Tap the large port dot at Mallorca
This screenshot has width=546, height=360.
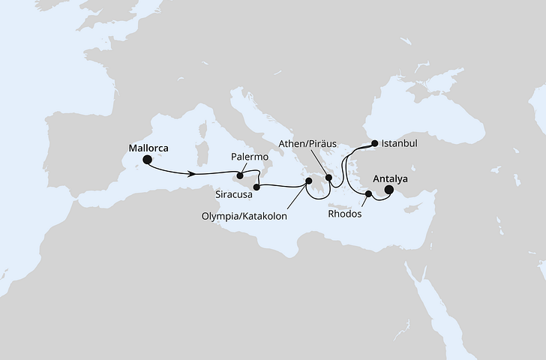click(x=148, y=160)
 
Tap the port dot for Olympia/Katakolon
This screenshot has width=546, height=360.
click(x=308, y=181)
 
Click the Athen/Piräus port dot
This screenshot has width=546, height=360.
click(x=328, y=178)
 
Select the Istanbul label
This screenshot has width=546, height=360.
click(x=399, y=142)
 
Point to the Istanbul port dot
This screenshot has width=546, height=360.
click(x=375, y=142)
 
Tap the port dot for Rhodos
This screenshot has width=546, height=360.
click(x=368, y=194)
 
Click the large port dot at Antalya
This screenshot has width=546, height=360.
click(x=388, y=190)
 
